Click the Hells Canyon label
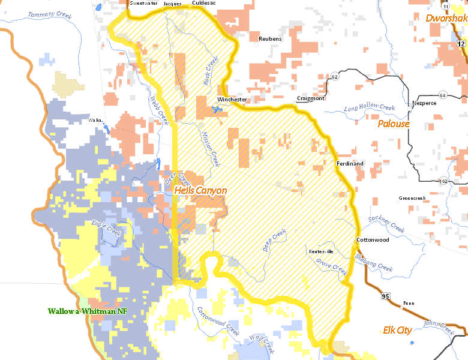coord(200,190)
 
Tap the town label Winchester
coord(232,99)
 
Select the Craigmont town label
coord(310,98)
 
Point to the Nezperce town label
coord(424,103)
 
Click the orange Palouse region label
coord(394,124)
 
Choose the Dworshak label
coord(446,19)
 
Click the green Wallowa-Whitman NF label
coord(88,311)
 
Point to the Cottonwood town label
coord(373,240)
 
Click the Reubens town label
coord(269,39)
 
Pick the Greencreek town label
coord(412,198)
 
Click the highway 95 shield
coord(384,296)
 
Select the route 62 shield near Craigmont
coord(334,77)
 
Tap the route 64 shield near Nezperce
coord(442,95)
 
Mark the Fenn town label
coord(409,303)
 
